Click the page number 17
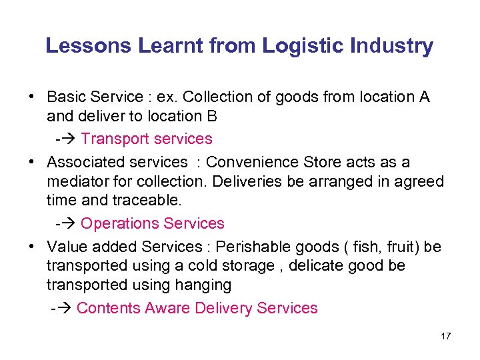446,336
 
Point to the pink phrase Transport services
147,139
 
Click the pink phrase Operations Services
152,223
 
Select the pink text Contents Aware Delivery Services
197,308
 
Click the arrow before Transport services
69,139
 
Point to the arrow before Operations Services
69,223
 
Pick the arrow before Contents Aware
65,308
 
